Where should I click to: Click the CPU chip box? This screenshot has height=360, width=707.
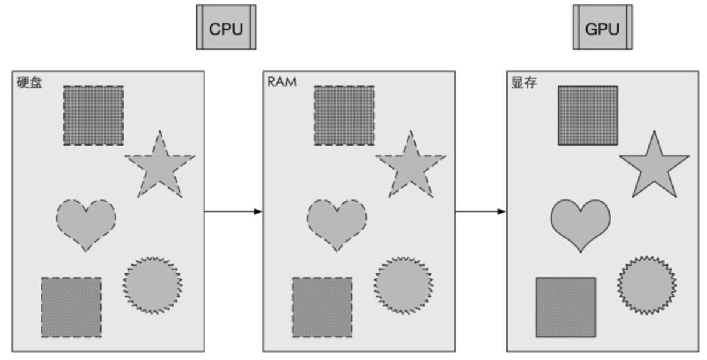(x=226, y=27)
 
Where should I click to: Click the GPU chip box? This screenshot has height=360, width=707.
(x=602, y=27)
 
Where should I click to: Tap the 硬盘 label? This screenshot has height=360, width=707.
(x=29, y=82)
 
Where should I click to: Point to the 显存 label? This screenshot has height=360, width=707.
(x=524, y=82)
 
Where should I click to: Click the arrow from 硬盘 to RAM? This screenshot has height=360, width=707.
(x=233, y=211)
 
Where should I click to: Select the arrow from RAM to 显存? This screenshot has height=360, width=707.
(x=480, y=211)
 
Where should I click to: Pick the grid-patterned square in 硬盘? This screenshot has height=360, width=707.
(x=94, y=115)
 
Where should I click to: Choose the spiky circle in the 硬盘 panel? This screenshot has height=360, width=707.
(x=153, y=285)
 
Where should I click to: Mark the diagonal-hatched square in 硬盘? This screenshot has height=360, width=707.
(x=71, y=306)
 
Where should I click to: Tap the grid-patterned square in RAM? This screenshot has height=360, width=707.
(x=345, y=115)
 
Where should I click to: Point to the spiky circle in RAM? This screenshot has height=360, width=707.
(x=404, y=285)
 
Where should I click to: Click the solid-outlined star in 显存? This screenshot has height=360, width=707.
(x=654, y=166)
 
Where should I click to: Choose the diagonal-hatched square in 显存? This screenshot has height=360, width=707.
(x=565, y=306)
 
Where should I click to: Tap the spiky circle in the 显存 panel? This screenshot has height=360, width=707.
(x=646, y=285)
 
